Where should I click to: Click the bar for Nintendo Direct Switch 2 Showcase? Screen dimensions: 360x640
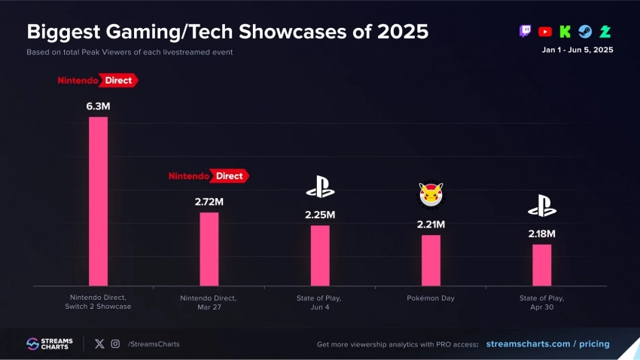point(99,201)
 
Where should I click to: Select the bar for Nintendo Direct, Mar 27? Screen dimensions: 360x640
point(209,249)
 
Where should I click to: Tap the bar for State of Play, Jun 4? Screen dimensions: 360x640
point(320,255)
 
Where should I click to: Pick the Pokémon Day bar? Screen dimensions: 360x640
point(431,260)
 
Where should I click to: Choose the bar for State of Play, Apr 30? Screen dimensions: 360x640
point(541,264)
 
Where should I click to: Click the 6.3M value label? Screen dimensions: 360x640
point(99,107)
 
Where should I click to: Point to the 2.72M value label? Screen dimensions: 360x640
point(209,202)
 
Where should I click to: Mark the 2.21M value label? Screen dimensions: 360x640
point(431,224)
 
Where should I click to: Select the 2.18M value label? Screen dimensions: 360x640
point(541,234)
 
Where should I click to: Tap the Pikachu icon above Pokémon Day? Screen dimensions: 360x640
point(431,194)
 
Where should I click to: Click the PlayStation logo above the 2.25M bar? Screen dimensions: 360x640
point(320,186)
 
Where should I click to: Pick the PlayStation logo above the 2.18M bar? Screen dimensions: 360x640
point(541,206)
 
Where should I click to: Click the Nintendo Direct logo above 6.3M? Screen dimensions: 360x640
point(99,80)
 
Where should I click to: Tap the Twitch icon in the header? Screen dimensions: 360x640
point(525,32)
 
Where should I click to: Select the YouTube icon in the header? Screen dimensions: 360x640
point(545,32)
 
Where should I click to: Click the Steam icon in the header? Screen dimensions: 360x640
point(585,32)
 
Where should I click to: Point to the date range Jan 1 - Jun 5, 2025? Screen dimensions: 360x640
point(578,50)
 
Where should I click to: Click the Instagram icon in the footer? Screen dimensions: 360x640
point(115,344)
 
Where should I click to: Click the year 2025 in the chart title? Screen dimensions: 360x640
point(403,32)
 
